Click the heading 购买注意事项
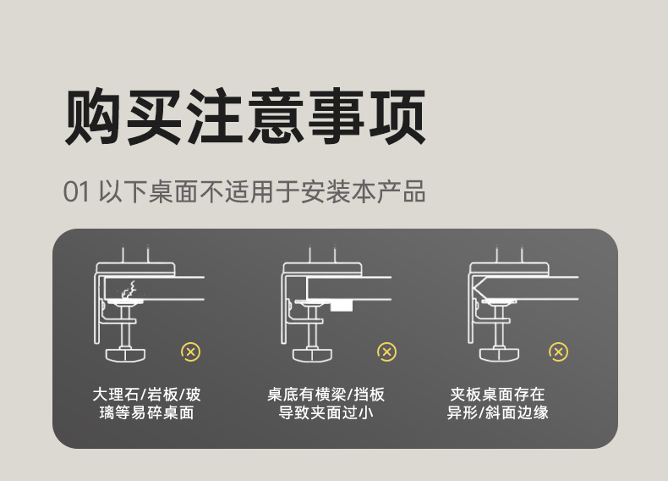(x=245, y=116)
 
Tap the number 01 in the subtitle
(x=76, y=191)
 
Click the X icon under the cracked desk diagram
(x=190, y=352)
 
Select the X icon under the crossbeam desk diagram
(x=386, y=352)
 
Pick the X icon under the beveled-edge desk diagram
(x=559, y=352)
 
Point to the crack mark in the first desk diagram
(x=129, y=290)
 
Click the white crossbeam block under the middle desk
(x=342, y=306)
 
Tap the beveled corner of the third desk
(x=480, y=288)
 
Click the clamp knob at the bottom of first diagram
(x=125, y=355)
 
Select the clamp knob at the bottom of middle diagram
(x=312, y=355)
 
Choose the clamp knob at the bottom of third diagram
(x=499, y=355)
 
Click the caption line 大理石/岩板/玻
(x=146, y=395)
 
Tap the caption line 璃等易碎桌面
(x=146, y=412)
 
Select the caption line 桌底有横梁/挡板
(x=326, y=395)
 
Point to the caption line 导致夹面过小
(x=326, y=412)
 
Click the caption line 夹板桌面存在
(x=497, y=395)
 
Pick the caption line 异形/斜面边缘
(x=497, y=412)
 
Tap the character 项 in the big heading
(x=397, y=116)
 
